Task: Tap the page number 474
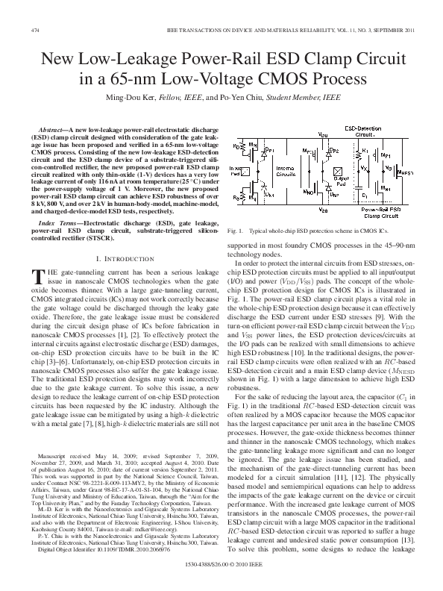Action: (x=34, y=30)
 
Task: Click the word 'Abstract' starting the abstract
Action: (x=53, y=131)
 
